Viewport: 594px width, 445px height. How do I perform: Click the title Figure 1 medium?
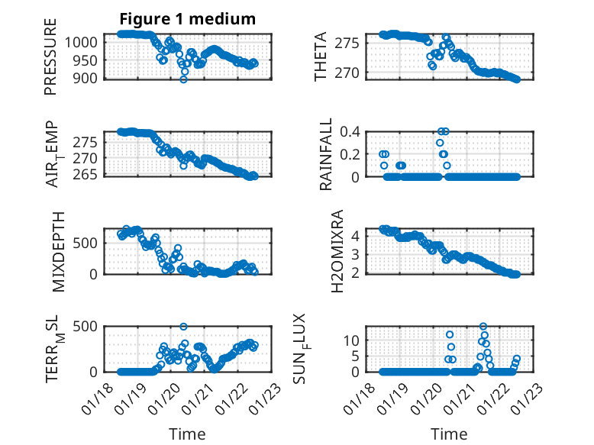click(x=187, y=19)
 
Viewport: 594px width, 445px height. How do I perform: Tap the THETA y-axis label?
click(x=321, y=56)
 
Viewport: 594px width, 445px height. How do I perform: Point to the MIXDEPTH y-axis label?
click(x=59, y=251)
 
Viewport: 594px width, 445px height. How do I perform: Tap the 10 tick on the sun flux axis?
click(x=351, y=340)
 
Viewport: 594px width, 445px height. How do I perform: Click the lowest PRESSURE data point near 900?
click(x=183, y=79)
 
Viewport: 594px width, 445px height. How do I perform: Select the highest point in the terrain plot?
click(x=183, y=327)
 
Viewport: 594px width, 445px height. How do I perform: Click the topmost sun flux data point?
click(x=483, y=327)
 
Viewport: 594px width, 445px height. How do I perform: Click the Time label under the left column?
click(x=187, y=434)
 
